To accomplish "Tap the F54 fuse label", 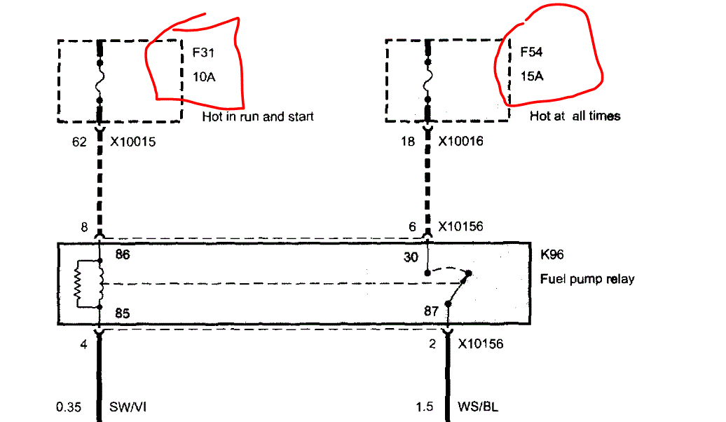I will click(531, 52).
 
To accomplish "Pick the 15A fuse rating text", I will click(531, 76).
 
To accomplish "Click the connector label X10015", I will click(132, 142).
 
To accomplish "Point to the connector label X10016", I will click(461, 142).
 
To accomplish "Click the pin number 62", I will click(79, 142).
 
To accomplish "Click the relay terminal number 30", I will click(411, 258).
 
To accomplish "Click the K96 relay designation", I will click(552, 254).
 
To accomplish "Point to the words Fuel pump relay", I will click(587, 279).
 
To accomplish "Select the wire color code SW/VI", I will click(128, 407).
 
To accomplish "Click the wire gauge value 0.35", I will click(68, 407).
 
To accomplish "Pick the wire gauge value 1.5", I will click(425, 407).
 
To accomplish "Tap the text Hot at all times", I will click(575, 116).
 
